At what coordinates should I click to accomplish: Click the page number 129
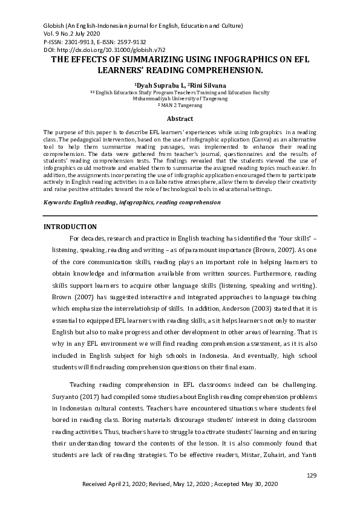coord(312,476)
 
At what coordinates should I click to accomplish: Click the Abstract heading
coord(180,119)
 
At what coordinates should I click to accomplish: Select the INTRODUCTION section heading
coord(70,226)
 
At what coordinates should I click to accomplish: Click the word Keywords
coord(57,202)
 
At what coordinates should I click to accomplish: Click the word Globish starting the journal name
coord(55,26)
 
